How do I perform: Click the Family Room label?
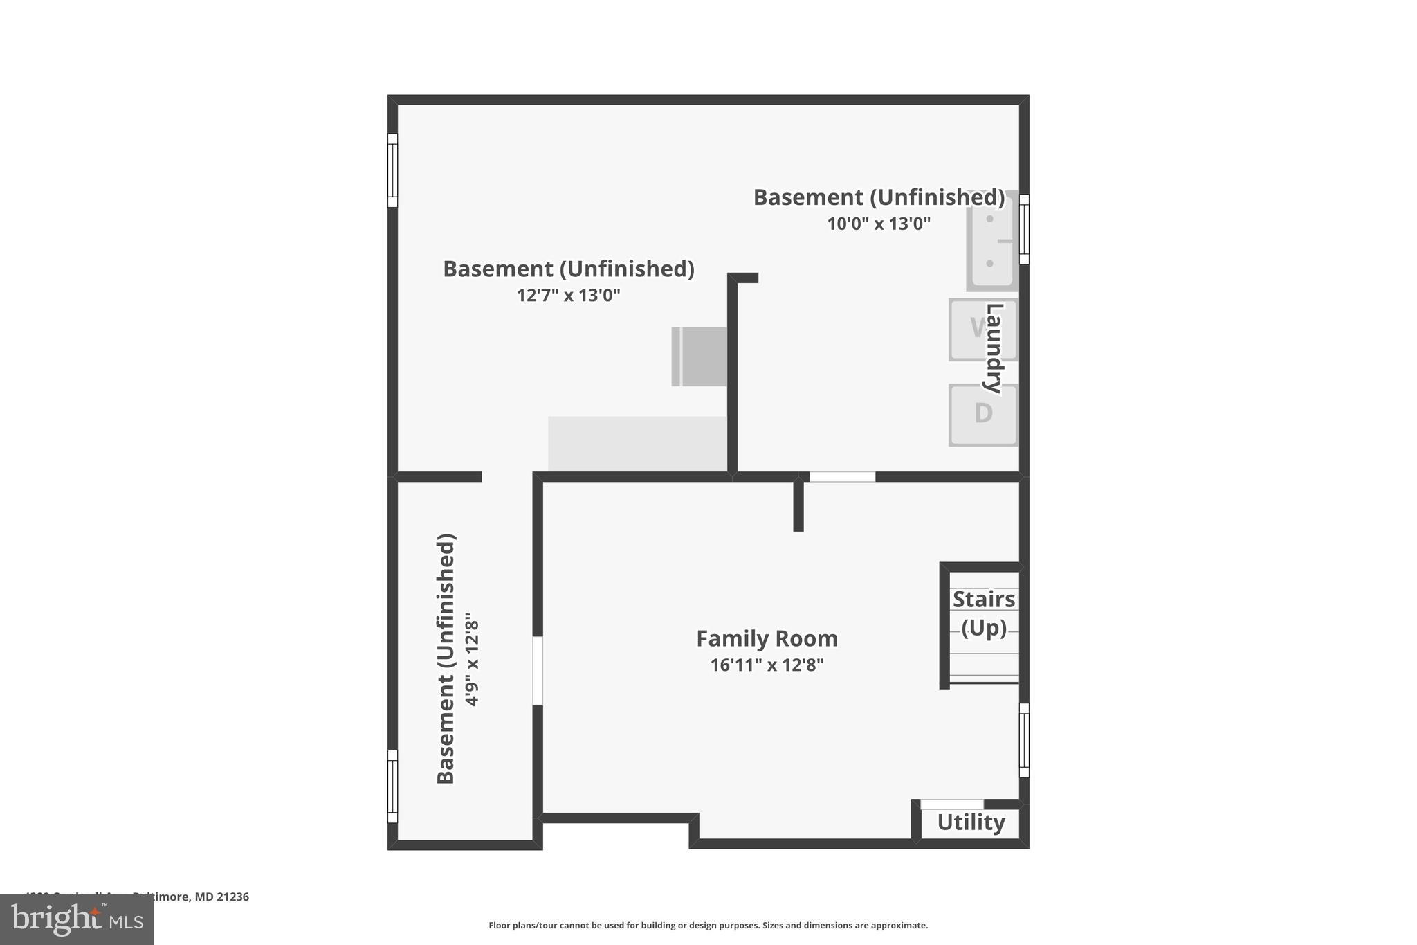[x=767, y=638]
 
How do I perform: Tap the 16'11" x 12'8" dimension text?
[x=767, y=665]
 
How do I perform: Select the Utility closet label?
[x=971, y=822]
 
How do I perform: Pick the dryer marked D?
[x=982, y=415]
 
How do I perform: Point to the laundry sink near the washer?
[x=991, y=241]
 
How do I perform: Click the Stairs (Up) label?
[x=983, y=613]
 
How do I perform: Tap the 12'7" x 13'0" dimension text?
[x=568, y=296]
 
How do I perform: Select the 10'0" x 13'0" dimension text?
[x=879, y=224]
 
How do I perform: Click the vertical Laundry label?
[x=994, y=348]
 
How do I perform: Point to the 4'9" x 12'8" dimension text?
[x=472, y=659]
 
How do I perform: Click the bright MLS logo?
[x=77, y=919]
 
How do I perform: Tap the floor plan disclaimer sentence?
[x=708, y=925]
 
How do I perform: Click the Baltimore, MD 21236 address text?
[x=190, y=897]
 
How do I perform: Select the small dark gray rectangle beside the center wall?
[x=699, y=357]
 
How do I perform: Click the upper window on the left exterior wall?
[x=392, y=170]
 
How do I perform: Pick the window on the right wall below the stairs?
[x=1024, y=740]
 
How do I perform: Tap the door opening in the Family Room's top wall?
[x=842, y=477]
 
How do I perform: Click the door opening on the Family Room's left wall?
[x=538, y=671]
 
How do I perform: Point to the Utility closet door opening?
[x=951, y=804]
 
